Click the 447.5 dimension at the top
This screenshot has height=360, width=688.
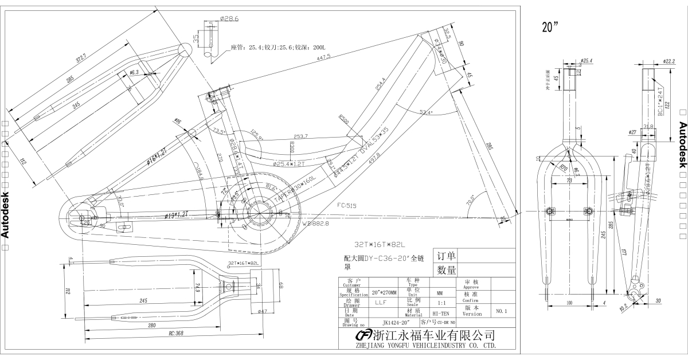click(323, 57)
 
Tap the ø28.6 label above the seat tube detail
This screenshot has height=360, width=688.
click(229, 19)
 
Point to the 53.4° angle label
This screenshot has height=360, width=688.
click(425, 112)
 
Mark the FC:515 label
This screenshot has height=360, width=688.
click(347, 205)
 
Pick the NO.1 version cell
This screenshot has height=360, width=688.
click(502, 311)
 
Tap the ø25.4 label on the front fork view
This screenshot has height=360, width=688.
click(587, 61)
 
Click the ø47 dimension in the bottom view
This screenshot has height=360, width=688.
click(264, 311)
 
